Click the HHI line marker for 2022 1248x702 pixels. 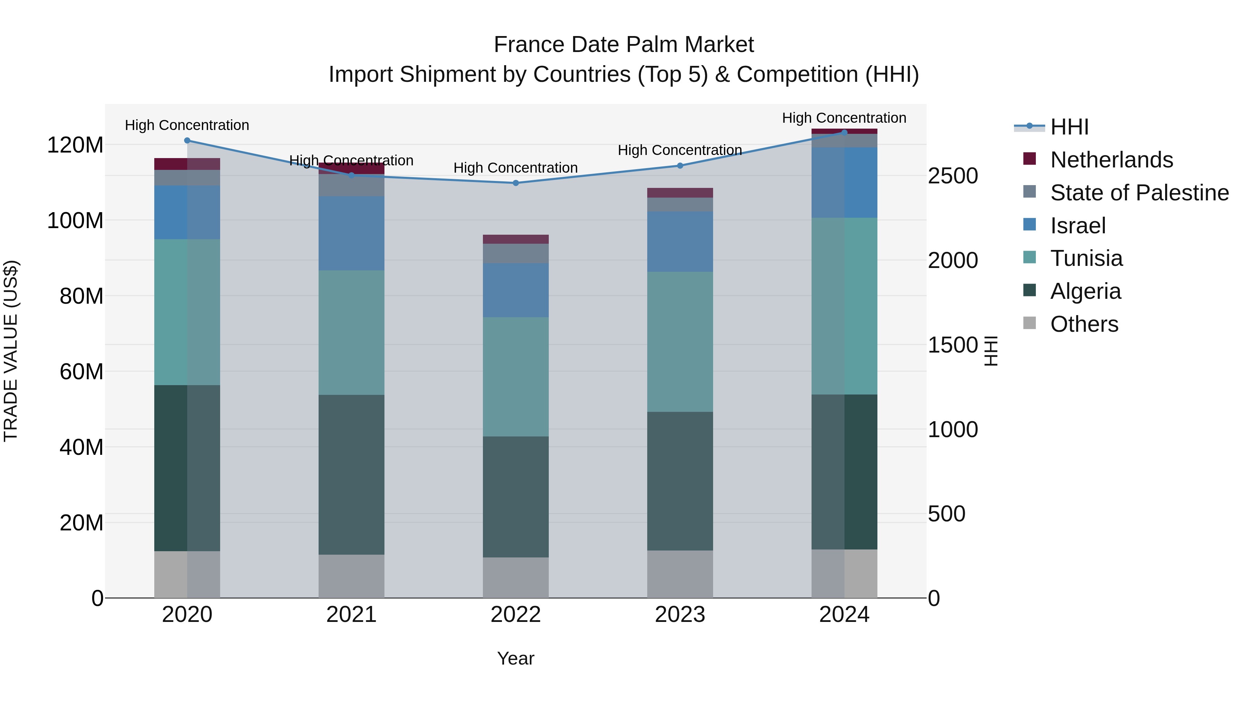pyautogui.click(x=515, y=183)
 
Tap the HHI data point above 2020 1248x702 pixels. pyautogui.click(x=187, y=140)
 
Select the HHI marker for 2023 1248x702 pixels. pyautogui.click(x=680, y=166)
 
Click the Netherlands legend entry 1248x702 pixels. pyautogui.click(x=1111, y=160)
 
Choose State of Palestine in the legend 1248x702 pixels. pyautogui.click(x=1139, y=193)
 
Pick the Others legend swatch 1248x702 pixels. pyautogui.click(x=1030, y=323)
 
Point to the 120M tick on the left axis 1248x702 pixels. pyautogui.click(x=75, y=145)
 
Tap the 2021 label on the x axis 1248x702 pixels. pyautogui.click(x=351, y=615)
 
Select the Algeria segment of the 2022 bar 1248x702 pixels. pyautogui.click(x=515, y=496)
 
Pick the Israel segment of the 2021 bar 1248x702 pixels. pyautogui.click(x=351, y=233)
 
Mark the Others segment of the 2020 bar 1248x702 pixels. pyautogui.click(x=187, y=574)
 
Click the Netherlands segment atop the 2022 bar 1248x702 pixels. pyautogui.click(x=515, y=239)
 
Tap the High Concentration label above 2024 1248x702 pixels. pyautogui.click(x=844, y=118)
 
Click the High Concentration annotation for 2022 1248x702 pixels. pyautogui.click(x=515, y=168)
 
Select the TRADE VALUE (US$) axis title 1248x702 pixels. pyautogui.click(x=11, y=351)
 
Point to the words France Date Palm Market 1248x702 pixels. pyautogui.click(x=624, y=45)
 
